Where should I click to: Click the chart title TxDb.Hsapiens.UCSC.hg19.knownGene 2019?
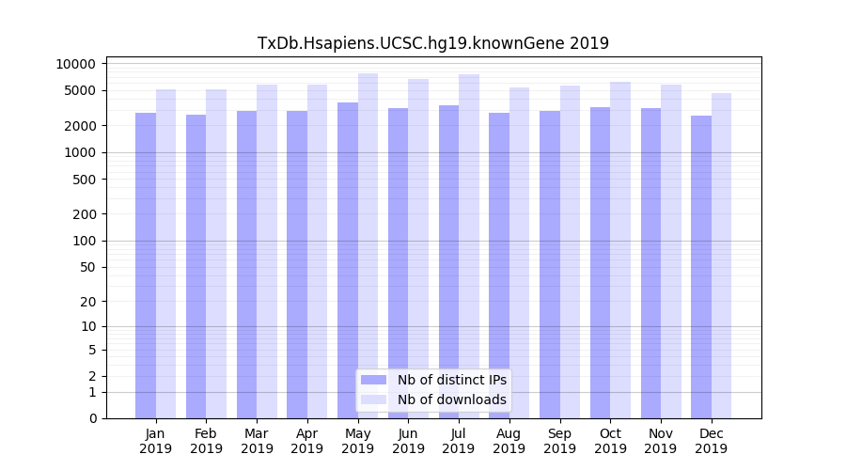coord(433,43)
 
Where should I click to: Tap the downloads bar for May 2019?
coord(368,245)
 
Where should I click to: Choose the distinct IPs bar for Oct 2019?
coord(601,262)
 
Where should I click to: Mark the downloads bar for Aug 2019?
coord(519,253)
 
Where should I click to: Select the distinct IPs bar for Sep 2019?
coord(550,264)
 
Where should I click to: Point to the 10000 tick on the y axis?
coord(76,64)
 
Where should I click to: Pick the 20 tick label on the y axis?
coord(88,302)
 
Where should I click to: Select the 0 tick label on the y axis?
coord(92,418)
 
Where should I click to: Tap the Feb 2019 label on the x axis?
coord(206,441)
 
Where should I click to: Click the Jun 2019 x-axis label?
coord(408,441)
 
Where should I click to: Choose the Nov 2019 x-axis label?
coord(661,441)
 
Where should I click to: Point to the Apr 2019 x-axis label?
coord(307,441)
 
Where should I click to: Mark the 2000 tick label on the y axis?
coord(81,126)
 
